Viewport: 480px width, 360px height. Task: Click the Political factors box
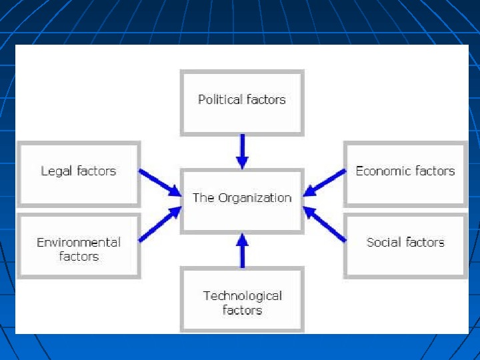click(x=242, y=103)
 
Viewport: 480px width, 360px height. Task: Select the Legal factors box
click(x=79, y=173)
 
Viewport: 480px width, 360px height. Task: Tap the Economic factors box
click(x=405, y=173)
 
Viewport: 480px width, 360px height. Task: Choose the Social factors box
click(x=405, y=245)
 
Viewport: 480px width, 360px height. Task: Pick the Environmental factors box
click(x=79, y=247)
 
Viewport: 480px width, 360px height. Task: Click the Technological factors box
click(x=242, y=299)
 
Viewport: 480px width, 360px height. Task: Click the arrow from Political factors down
click(x=242, y=151)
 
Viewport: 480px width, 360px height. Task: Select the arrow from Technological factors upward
click(x=242, y=249)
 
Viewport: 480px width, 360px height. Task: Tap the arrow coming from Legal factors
click(x=160, y=182)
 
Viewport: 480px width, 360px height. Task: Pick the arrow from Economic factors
click(x=324, y=182)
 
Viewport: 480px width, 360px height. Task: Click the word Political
click(x=220, y=99)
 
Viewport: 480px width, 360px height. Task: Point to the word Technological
click(x=242, y=295)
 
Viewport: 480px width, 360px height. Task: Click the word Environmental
click(x=79, y=242)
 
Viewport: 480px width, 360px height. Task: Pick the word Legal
click(x=56, y=171)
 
